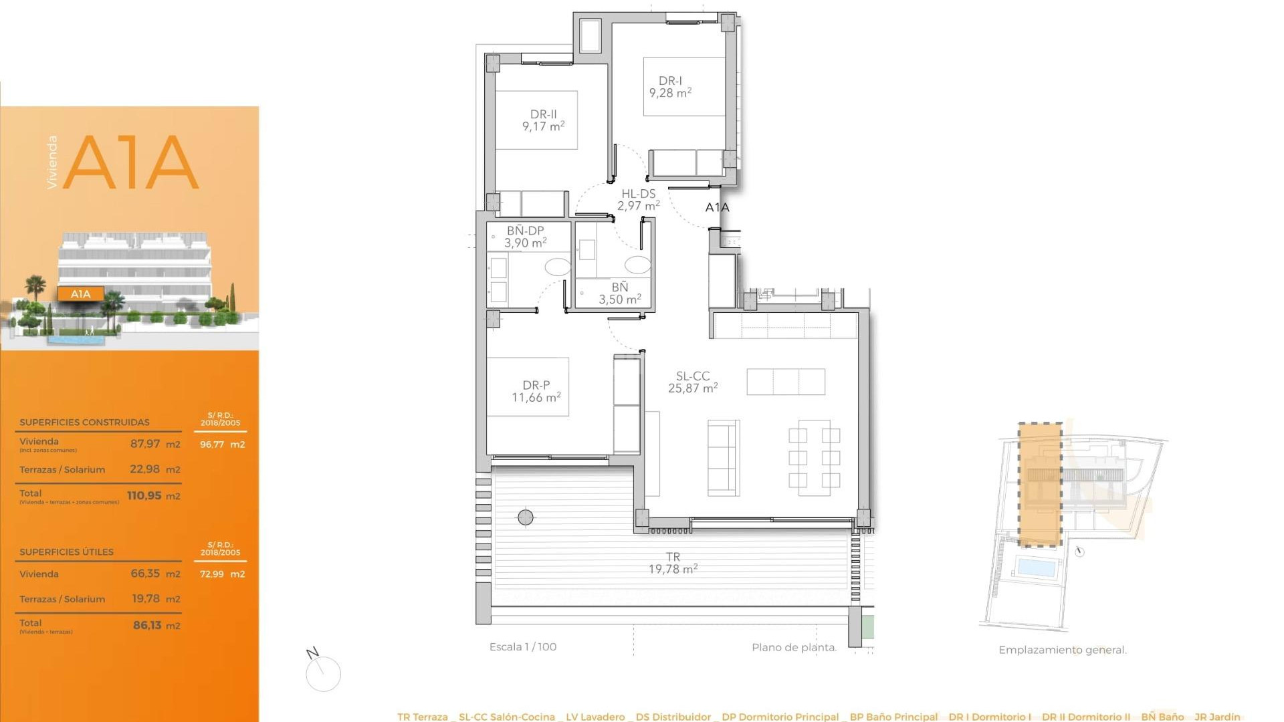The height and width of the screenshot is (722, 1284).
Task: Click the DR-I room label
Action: click(x=670, y=87)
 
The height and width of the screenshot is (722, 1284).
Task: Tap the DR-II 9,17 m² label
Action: click(x=543, y=120)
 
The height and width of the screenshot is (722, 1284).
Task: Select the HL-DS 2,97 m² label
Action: click(x=638, y=200)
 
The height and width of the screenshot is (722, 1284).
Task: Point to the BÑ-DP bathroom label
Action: click(x=525, y=237)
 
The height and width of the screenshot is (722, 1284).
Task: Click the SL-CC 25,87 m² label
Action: click(x=693, y=382)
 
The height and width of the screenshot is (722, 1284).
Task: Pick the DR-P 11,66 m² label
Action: click(x=536, y=392)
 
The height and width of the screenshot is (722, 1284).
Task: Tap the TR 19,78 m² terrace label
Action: click(x=673, y=563)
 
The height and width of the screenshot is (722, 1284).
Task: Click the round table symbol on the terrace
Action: click(x=526, y=517)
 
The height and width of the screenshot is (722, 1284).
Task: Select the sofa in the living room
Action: click(x=724, y=458)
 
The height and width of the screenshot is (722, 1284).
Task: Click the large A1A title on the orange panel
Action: click(x=131, y=162)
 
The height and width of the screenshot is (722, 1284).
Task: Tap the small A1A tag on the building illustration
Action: click(x=80, y=294)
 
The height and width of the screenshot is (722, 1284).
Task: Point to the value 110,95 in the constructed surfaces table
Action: click(x=144, y=495)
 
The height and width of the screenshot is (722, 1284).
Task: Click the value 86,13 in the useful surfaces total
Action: click(x=147, y=625)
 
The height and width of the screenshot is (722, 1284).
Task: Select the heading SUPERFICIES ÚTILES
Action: click(x=66, y=552)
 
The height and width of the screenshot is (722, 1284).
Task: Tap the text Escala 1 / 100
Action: click(x=522, y=647)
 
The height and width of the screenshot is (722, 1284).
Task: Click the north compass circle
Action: click(x=324, y=674)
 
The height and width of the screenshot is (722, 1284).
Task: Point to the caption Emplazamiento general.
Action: click(x=1062, y=650)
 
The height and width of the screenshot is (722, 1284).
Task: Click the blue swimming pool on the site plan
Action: click(x=1036, y=568)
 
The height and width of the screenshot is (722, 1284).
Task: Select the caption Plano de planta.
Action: click(x=794, y=647)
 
